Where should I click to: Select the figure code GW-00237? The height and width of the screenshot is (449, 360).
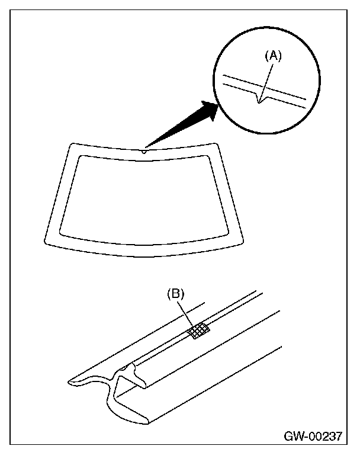pyautogui.click(x=313, y=437)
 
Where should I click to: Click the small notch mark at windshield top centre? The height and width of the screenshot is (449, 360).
pyautogui.click(x=143, y=151)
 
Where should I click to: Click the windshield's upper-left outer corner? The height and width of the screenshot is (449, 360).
pyautogui.click(x=72, y=144)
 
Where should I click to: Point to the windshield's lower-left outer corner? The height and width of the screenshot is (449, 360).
pyautogui.click(x=46, y=242)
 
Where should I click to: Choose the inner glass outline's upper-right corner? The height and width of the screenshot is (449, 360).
pyautogui.click(x=207, y=156)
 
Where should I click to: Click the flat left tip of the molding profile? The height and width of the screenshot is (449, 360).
pyautogui.click(x=70, y=381)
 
